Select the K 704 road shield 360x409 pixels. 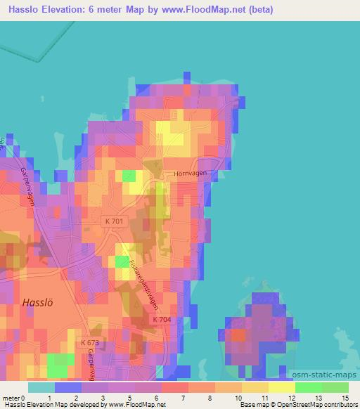[x=161, y=319]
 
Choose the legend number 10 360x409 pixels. [x=240, y=398]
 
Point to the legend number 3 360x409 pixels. [x=103, y=398]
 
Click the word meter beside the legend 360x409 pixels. [x=11, y=398]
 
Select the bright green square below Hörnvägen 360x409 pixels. [x=129, y=176]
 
